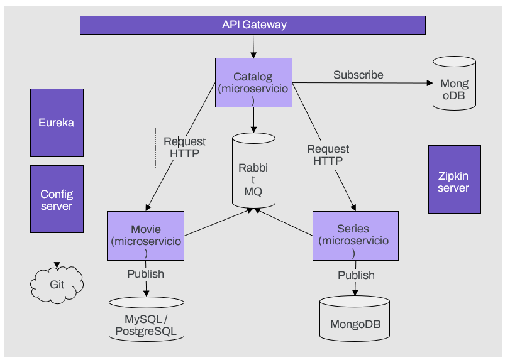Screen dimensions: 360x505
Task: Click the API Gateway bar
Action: [253, 25]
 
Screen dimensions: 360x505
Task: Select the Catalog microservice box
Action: [253, 82]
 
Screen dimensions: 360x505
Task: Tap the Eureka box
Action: [57, 123]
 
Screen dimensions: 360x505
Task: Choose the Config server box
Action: [57, 200]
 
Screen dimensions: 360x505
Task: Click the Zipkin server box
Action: [453, 180]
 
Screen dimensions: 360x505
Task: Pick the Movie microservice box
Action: [146, 236]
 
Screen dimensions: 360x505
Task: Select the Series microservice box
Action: [355, 236]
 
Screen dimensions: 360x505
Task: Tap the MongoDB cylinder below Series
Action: [355, 319]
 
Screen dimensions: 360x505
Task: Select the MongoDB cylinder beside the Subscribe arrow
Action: [453, 84]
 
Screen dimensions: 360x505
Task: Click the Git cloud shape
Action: [57, 285]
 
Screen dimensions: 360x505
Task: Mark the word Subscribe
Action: [358, 75]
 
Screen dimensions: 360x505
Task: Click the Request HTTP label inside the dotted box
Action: [185, 147]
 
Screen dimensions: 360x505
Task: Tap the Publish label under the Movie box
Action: [145, 274]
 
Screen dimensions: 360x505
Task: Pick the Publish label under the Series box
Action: [356, 275]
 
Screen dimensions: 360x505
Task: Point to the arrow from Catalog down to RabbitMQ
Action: [253, 119]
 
